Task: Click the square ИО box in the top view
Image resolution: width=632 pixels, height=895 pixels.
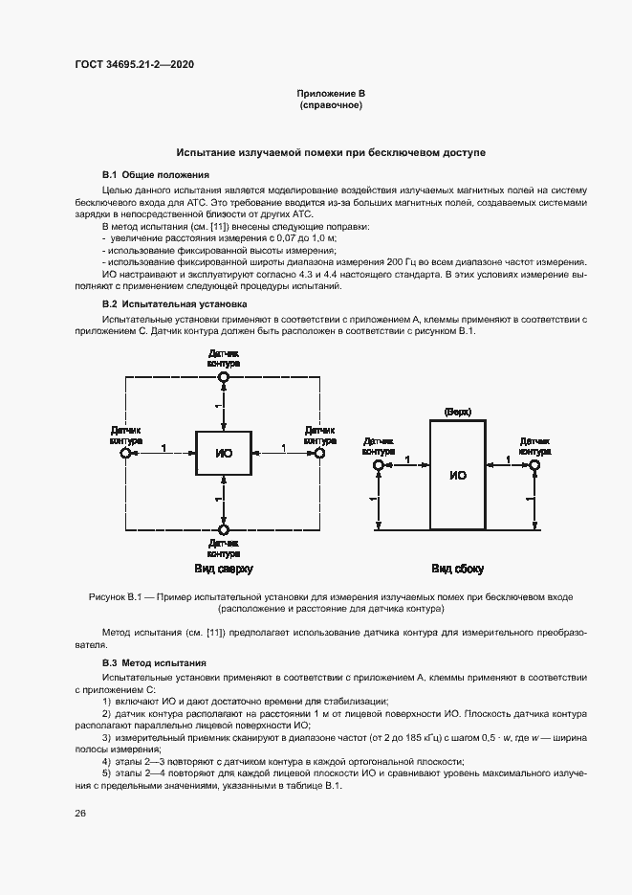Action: pyautogui.click(x=224, y=452)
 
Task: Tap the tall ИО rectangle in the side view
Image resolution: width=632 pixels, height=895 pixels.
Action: pyautogui.click(x=457, y=474)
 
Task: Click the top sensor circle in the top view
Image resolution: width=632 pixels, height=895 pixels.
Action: pyautogui.click(x=224, y=377)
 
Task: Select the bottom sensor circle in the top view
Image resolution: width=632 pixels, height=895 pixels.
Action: pyautogui.click(x=224, y=528)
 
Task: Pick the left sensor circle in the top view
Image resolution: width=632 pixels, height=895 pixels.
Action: pyautogui.click(x=125, y=453)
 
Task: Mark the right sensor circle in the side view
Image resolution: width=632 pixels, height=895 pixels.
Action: pyautogui.click(x=534, y=464)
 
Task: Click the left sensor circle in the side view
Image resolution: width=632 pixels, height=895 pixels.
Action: pyautogui.click(x=379, y=464)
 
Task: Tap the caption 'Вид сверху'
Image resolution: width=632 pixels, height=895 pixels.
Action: pyautogui.click(x=224, y=570)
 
